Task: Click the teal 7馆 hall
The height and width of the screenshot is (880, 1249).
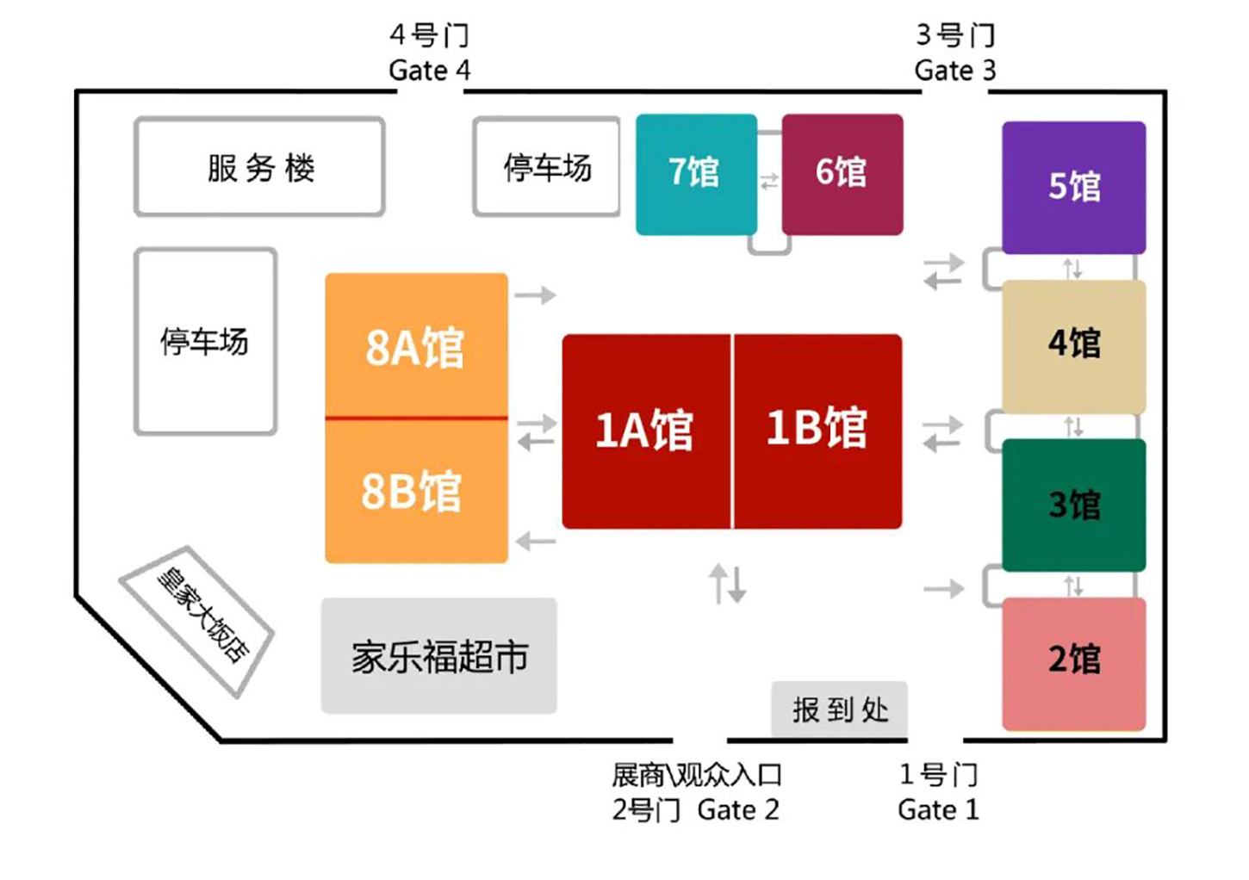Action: point(696,174)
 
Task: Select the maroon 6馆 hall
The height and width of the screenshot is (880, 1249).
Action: point(842,174)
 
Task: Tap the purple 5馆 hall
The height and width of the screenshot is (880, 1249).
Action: point(1073,187)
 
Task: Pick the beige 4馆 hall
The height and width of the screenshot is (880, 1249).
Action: point(1073,344)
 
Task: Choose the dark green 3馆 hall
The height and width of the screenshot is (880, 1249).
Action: point(1073,505)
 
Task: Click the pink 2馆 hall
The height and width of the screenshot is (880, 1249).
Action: point(1073,661)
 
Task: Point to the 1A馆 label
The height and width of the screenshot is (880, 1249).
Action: point(644,430)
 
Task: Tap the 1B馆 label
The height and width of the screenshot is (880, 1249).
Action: point(817,428)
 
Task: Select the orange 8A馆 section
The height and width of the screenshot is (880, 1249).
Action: point(415,346)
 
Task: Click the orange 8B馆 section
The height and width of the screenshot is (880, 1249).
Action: point(412,491)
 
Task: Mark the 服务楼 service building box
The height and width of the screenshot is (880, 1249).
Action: point(260,167)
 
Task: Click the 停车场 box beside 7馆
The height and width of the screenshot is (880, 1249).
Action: point(547,167)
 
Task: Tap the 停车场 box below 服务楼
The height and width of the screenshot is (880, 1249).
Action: point(205,342)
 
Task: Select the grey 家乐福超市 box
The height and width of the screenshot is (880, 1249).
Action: point(439,657)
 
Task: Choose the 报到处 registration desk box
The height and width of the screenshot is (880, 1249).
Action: point(840,710)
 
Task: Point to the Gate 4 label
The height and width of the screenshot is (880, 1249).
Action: point(429,70)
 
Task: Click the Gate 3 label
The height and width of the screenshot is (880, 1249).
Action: point(954,70)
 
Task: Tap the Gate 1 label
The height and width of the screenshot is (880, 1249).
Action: point(938,810)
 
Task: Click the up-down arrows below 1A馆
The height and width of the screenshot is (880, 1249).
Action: point(728,584)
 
